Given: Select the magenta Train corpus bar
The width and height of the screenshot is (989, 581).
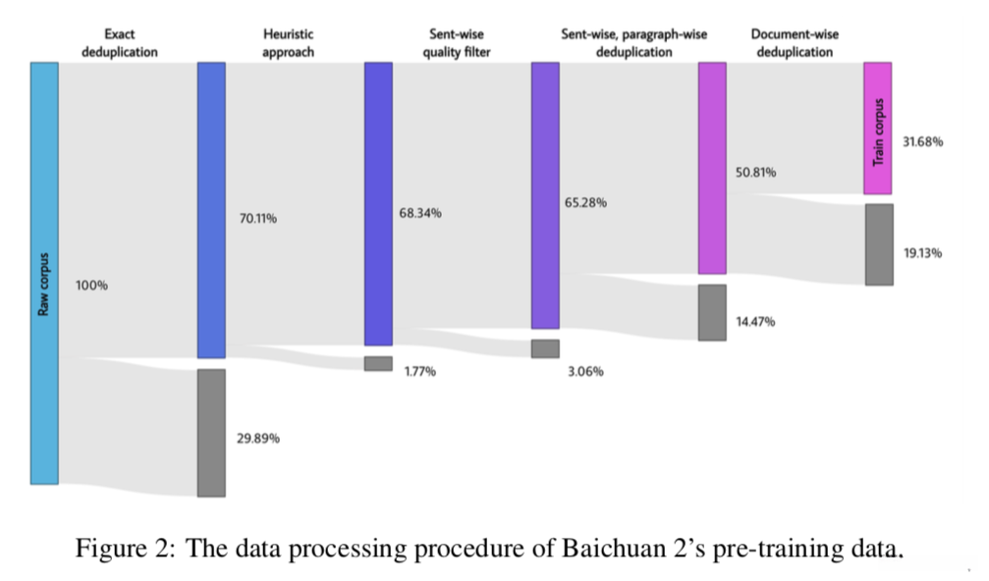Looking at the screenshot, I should click(878, 129).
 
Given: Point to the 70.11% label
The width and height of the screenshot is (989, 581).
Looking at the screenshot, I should click(258, 219).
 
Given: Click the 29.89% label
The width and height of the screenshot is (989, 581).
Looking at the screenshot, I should click(257, 438).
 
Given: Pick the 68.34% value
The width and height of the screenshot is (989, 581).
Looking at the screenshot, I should click(420, 213).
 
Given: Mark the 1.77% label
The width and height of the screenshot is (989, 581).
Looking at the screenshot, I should click(420, 371).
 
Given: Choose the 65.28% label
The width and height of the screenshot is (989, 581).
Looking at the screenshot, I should click(585, 202).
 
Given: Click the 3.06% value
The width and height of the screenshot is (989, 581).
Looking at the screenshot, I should click(585, 371).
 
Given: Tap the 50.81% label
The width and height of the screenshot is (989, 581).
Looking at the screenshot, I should click(755, 173).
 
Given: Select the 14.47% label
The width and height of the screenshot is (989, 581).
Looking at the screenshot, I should click(755, 321).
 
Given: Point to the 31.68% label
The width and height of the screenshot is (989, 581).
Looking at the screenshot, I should click(922, 141).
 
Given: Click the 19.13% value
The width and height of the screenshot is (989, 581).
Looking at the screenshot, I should click(922, 252).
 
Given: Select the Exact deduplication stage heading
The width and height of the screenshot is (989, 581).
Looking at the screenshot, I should click(119, 43).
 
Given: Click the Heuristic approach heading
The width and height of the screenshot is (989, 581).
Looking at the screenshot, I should click(288, 43).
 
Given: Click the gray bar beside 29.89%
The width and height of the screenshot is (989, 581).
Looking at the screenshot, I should click(211, 433).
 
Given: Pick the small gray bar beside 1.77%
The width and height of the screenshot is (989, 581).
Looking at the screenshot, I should click(378, 363).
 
